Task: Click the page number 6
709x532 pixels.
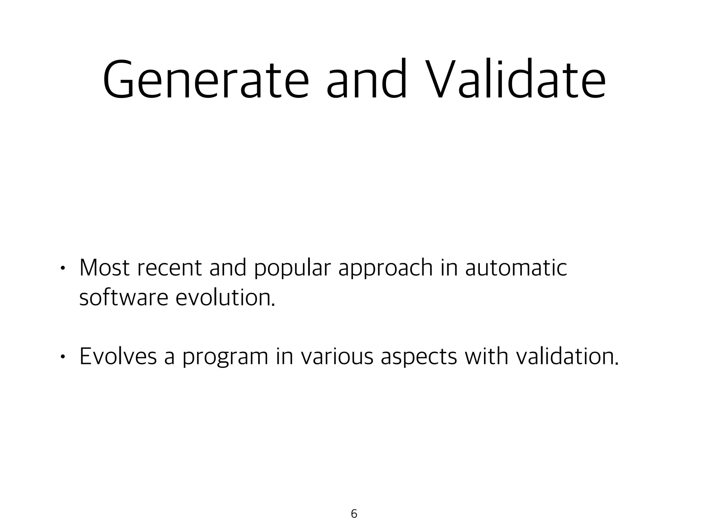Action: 354,514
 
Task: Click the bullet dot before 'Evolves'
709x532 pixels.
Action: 62,356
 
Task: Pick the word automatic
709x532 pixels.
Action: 516,268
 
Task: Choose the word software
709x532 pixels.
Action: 124,297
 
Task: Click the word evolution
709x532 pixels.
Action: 225,297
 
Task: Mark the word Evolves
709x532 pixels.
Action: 118,356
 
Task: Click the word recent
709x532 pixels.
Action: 169,268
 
